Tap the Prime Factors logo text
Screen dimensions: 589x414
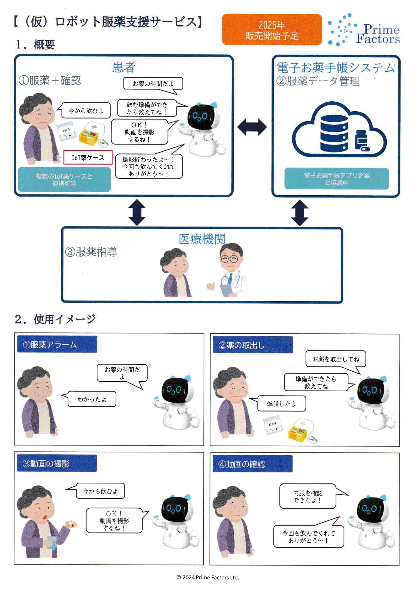pos(378,34)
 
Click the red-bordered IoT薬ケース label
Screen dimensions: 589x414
pos(88,158)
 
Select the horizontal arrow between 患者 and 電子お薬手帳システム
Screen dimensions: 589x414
pos(252,127)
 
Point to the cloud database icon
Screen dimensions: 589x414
pos(339,130)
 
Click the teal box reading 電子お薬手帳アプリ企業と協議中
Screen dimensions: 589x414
pos(336,179)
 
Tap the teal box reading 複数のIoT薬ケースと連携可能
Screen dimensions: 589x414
pos(64,179)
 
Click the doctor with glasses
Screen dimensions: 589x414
pos(231,269)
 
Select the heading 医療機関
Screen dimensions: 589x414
pos(202,239)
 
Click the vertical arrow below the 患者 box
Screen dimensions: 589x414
pos(137,212)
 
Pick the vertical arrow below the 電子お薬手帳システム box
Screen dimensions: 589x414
pos(300,213)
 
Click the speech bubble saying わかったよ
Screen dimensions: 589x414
pos(92,399)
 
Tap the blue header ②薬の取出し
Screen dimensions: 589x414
pos(253,345)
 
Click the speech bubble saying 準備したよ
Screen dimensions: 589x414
pos(281,404)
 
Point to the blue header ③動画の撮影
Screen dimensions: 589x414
pos(57,463)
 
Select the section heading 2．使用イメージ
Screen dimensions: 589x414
pos(55,319)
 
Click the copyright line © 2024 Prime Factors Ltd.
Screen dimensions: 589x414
pos(208,577)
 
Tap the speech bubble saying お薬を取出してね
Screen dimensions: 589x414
pos(336,359)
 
